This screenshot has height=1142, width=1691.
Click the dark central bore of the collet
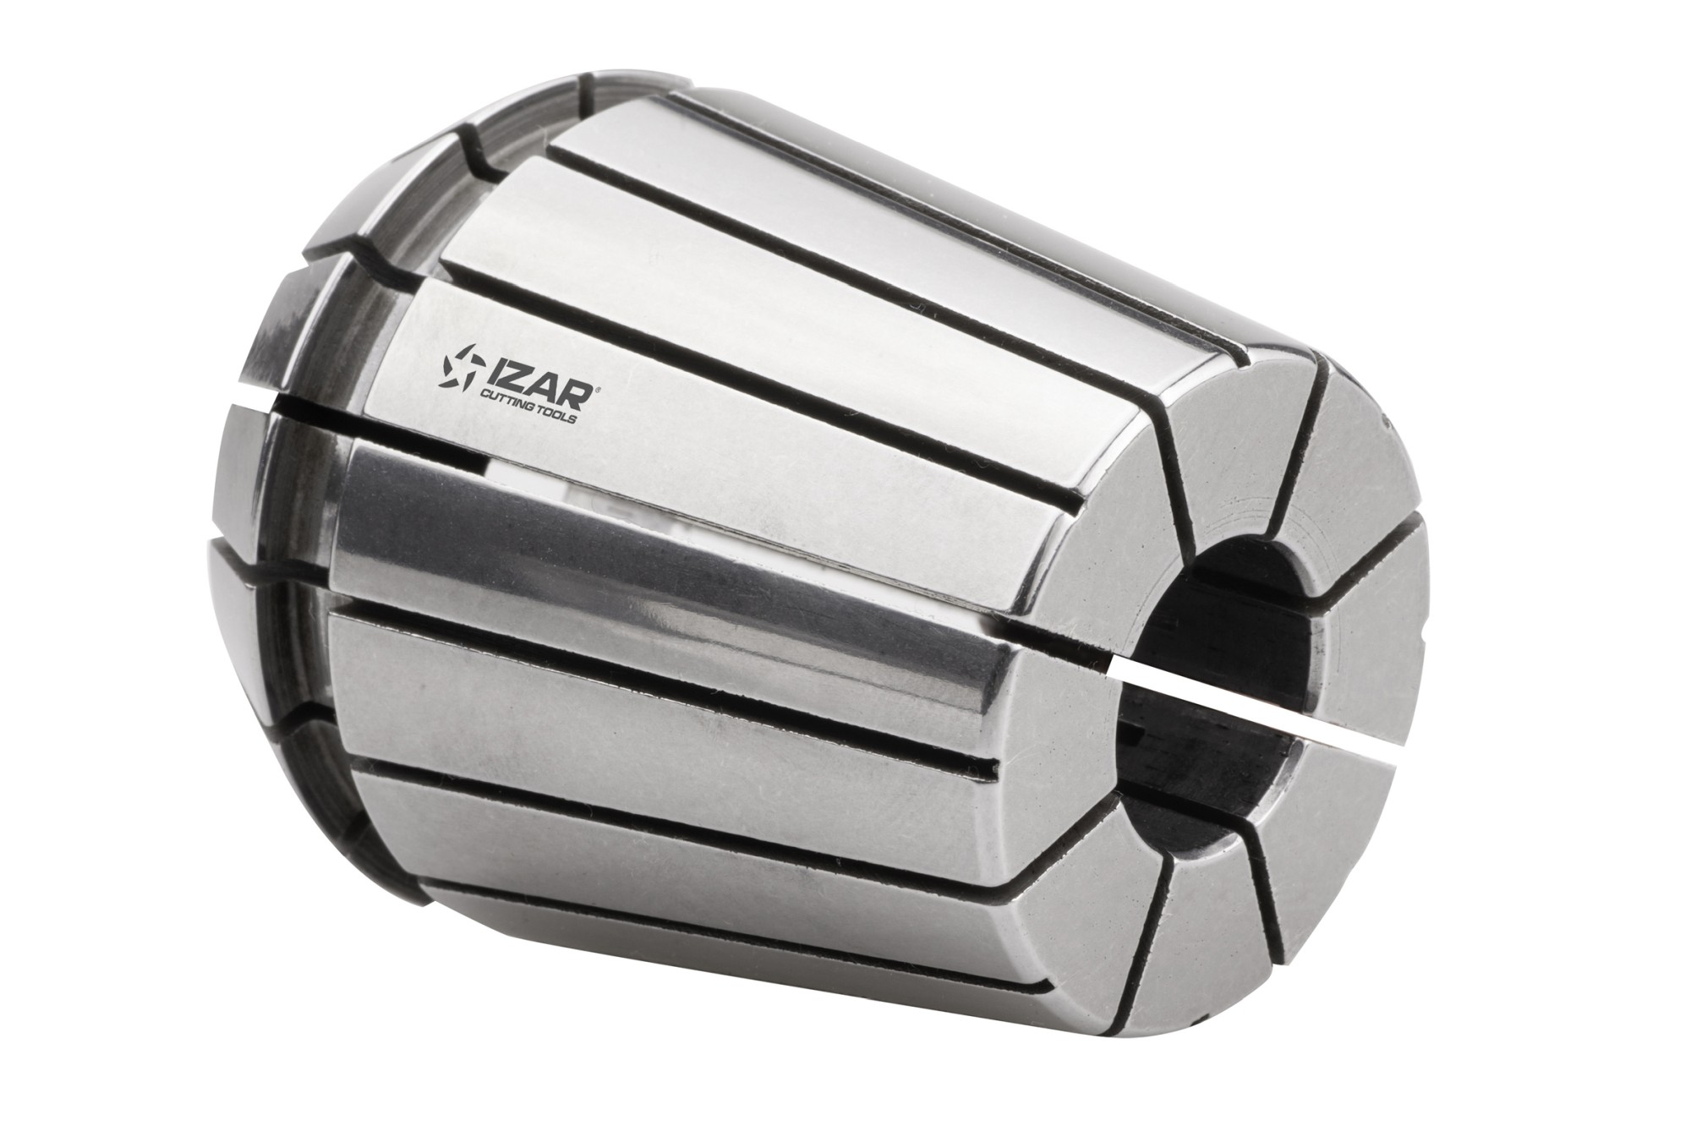pyautogui.click(x=1234, y=642)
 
